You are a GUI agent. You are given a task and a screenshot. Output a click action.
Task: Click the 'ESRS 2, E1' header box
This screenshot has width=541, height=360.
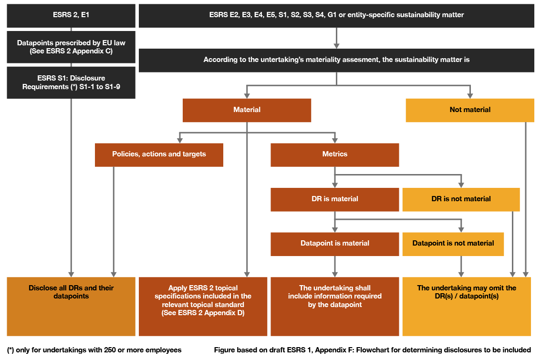[x=71, y=15]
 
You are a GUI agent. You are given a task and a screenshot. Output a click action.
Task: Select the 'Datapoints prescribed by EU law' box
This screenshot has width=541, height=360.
[x=71, y=47]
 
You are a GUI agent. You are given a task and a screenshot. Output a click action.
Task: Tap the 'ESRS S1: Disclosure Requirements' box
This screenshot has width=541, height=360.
[x=71, y=82]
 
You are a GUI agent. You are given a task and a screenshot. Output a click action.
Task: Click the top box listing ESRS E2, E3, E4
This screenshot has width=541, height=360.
[x=336, y=15]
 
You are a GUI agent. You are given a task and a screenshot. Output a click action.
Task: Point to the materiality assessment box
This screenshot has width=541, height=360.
[x=336, y=60]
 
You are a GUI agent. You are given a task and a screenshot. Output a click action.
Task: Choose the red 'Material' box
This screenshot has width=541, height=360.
[x=247, y=110]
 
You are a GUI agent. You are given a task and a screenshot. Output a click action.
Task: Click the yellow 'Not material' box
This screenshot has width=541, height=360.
[x=469, y=110]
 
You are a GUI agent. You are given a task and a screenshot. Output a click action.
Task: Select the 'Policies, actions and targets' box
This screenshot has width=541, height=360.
[x=159, y=154]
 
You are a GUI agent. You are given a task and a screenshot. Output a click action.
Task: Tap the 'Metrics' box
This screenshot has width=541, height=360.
[x=334, y=154]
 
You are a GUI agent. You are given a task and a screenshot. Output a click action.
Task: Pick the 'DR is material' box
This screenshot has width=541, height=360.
[x=334, y=199]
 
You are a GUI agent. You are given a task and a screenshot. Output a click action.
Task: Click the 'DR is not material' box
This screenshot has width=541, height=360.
[x=461, y=199]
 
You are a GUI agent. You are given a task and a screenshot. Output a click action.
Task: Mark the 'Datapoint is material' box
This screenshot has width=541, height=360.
[x=334, y=244]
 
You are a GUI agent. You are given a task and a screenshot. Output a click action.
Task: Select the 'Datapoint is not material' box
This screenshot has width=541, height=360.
[x=453, y=244]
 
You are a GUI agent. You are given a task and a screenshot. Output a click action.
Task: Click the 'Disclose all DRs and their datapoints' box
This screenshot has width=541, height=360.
[x=71, y=306]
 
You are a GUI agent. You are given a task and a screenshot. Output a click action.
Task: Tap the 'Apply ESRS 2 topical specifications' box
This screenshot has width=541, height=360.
[x=203, y=306]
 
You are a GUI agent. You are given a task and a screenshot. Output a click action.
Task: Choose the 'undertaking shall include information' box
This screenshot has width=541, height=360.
[x=334, y=306]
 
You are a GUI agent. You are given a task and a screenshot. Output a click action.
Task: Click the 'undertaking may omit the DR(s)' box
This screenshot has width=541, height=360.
[x=466, y=306]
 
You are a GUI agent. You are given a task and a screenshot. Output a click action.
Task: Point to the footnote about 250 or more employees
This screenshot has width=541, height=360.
[x=94, y=350]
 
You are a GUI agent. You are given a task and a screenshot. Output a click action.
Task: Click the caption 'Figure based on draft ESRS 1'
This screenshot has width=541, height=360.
[x=372, y=350]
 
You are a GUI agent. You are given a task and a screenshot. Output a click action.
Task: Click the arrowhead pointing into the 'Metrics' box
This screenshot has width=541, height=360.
[x=335, y=140]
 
